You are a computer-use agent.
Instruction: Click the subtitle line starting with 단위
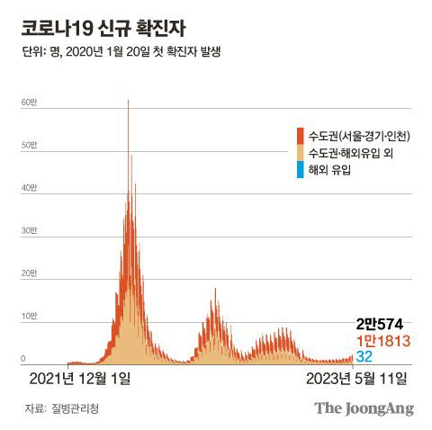point(121,51)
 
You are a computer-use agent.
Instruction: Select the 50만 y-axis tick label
point(29,145)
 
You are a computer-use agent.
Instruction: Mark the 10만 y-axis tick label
point(29,316)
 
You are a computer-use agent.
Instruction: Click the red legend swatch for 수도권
point(301,136)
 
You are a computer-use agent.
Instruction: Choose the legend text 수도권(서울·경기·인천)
point(359,136)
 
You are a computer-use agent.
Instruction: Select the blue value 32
point(364,357)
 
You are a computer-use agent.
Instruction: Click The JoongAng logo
point(364,408)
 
